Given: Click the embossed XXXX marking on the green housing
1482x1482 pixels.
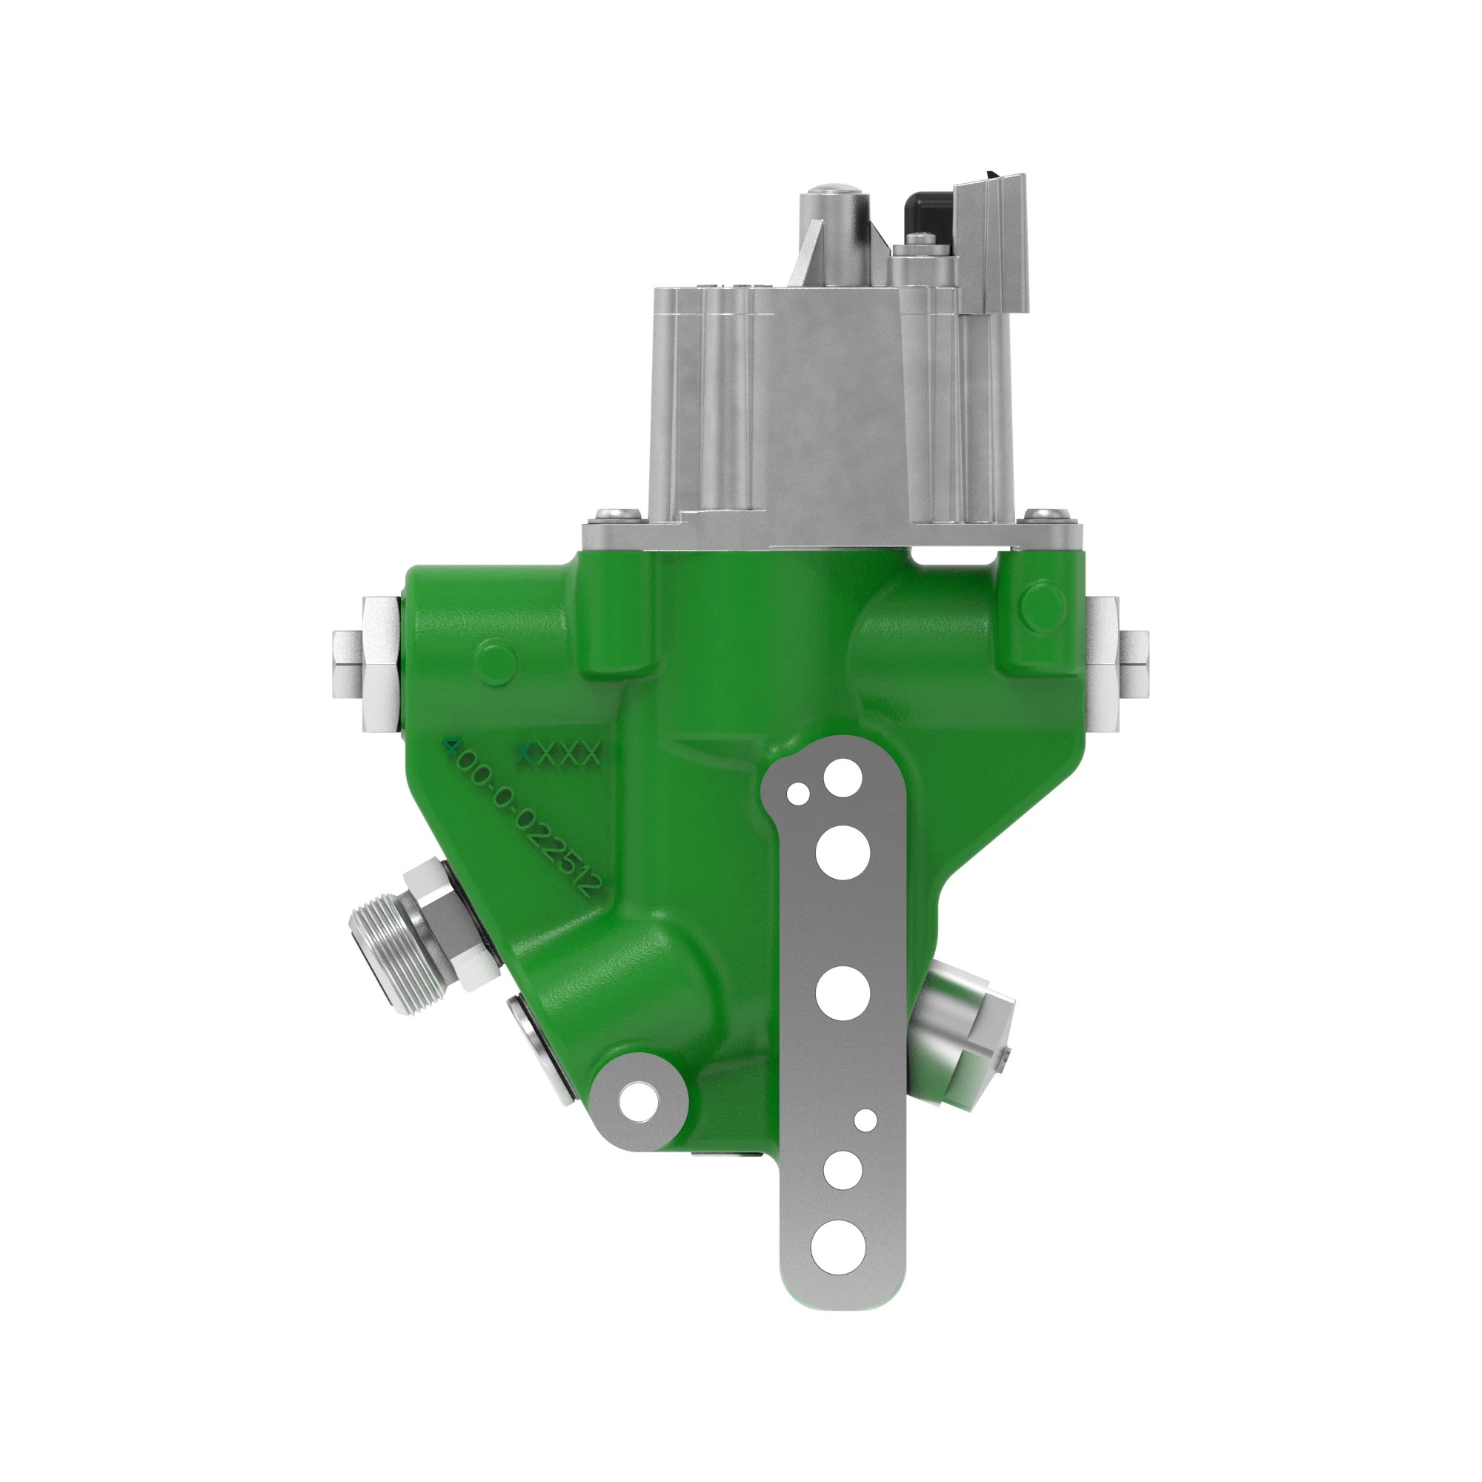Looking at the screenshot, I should pos(559,756).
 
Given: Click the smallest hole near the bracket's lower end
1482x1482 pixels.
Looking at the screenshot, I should pos(866,1120).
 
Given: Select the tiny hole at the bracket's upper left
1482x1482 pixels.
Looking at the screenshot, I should pos(799,794).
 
